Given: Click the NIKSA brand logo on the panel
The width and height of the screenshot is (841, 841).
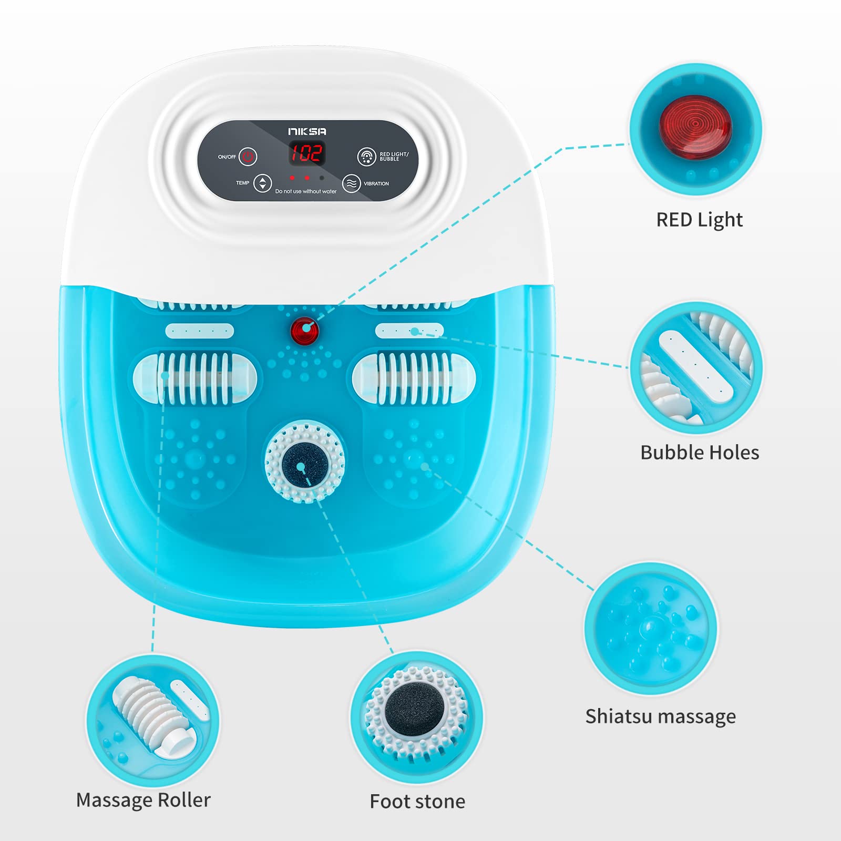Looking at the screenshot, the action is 307,131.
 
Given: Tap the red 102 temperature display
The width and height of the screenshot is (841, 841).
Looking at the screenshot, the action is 307,153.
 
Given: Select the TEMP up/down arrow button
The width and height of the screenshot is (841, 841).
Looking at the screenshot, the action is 263,183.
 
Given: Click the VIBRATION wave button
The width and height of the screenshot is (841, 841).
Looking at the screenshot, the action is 352,183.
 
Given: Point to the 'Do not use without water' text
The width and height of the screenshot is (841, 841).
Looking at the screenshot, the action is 306,191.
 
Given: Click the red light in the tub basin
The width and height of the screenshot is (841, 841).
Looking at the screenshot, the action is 305,331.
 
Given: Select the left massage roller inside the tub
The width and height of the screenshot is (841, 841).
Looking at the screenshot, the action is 195,378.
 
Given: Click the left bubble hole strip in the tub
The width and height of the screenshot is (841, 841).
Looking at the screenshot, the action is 200,331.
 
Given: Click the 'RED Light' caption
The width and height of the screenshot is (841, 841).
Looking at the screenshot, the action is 700,220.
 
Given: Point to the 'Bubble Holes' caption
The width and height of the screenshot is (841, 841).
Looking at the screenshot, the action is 700,453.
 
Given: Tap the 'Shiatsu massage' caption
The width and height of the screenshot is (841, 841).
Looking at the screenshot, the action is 661,716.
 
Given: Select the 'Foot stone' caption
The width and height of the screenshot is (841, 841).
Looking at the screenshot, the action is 417,802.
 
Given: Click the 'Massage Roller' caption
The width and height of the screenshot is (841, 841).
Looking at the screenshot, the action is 143,800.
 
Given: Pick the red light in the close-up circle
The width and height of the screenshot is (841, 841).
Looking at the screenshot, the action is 695,127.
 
